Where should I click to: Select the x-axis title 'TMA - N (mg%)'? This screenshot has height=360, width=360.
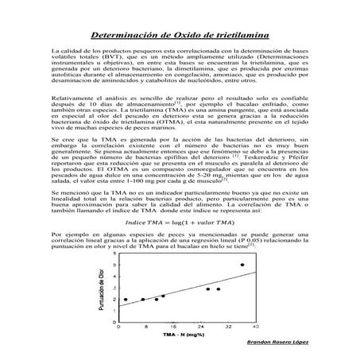pos(184,335)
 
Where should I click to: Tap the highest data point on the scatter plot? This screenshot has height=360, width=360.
pos(242,265)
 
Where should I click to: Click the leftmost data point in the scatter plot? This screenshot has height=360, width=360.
pos(126,300)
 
